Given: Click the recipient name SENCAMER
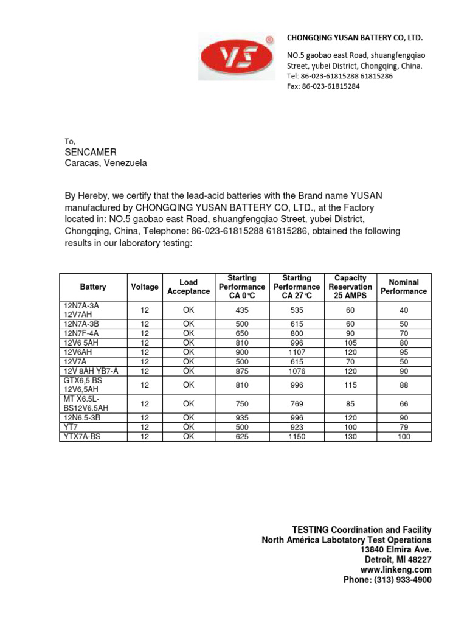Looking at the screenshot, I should pyautogui.click(x=91, y=151).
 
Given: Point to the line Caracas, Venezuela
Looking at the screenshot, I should pyautogui.click(x=106, y=163).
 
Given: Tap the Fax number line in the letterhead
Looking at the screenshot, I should pyautogui.click(x=323, y=86).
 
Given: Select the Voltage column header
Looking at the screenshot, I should pyautogui.click(x=145, y=287).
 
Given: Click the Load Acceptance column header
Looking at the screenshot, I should pyautogui.click(x=189, y=287).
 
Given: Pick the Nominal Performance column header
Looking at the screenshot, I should pyautogui.click(x=404, y=287).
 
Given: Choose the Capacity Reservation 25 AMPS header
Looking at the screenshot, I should pyautogui.click(x=350, y=287).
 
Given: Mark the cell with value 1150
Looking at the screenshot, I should pyautogui.click(x=297, y=437).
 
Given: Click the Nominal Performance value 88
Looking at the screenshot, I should pyautogui.click(x=404, y=385).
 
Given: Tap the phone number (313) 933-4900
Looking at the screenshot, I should pyautogui.click(x=387, y=580).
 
